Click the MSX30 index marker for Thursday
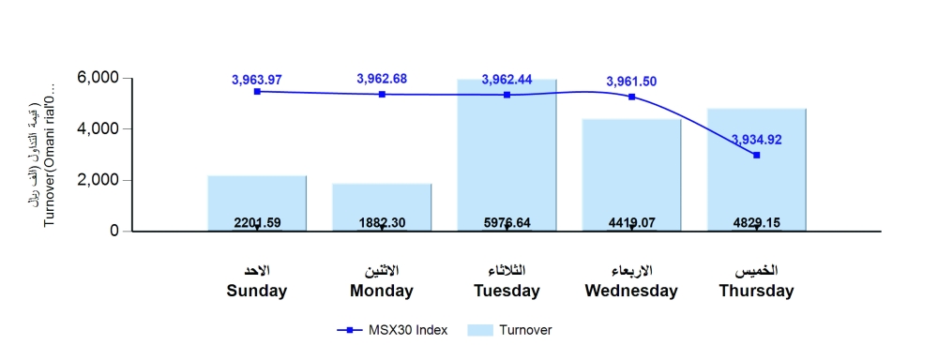pyautogui.click(x=756, y=155)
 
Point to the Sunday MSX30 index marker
pyautogui.click(x=257, y=91)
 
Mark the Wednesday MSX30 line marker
pyautogui.click(x=631, y=97)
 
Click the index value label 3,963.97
pyautogui.click(x=257, y=80)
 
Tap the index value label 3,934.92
pyautogui.click(x=756, y=140)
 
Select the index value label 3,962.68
pyautogui.click(x=382, y=78)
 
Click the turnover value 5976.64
pyautogui.click(x=507, y=223)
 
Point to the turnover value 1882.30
pyautogui.click(x=382, y=223)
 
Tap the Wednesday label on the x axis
pyautogui.click(x=631, y=291)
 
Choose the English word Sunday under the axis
pyautogui.click(x=257, y=291)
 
